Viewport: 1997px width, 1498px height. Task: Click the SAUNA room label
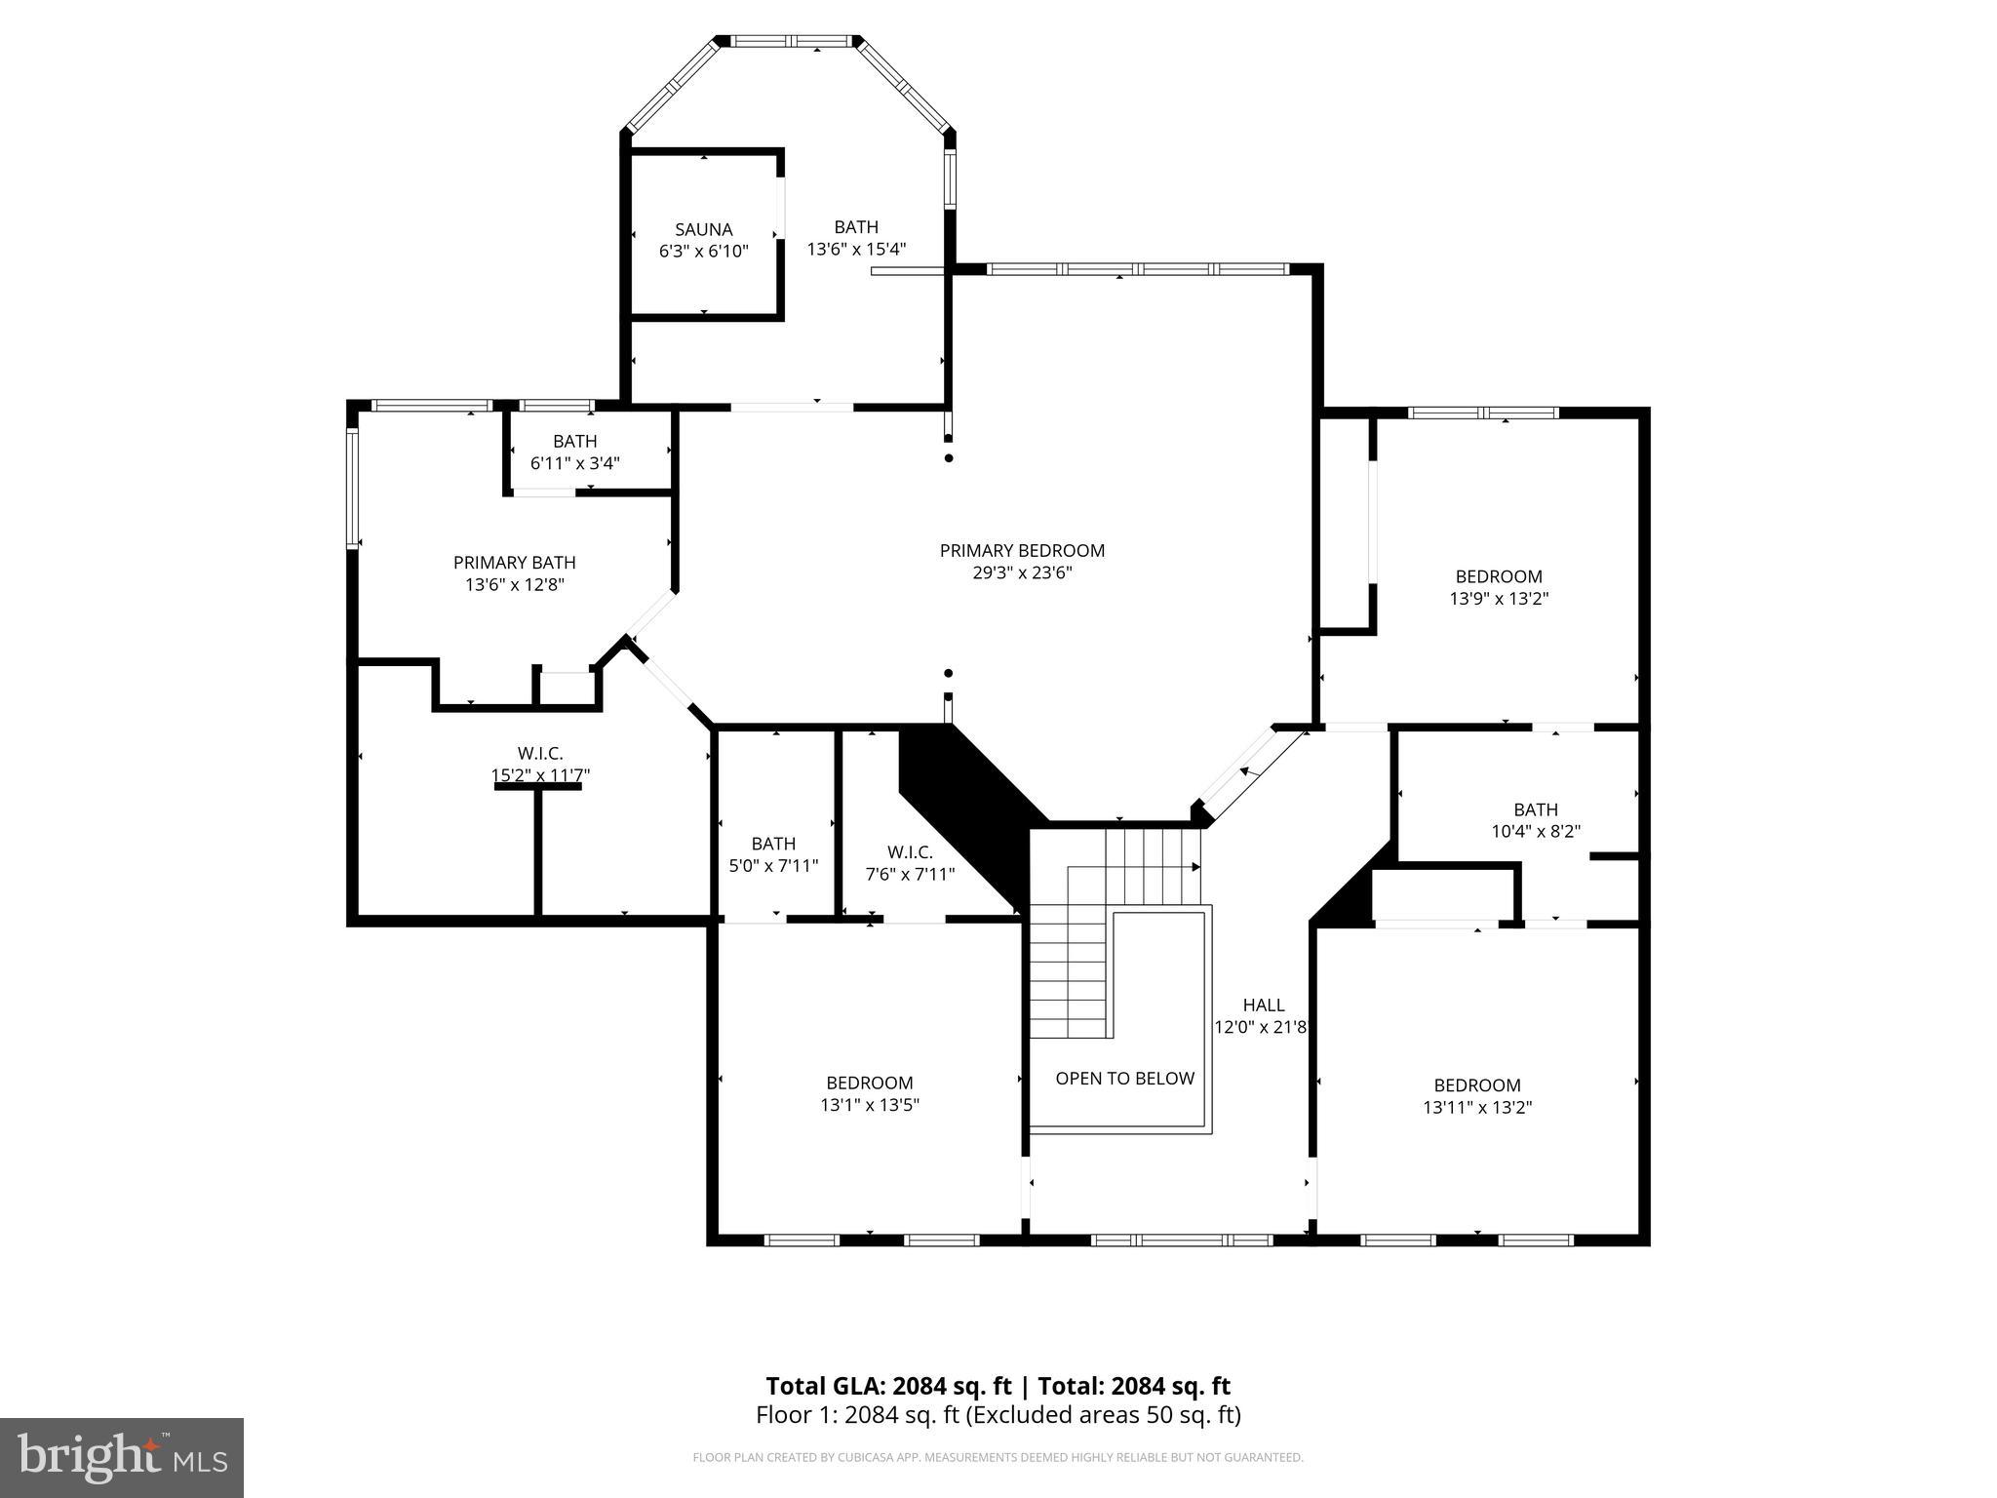[x=703, y=230]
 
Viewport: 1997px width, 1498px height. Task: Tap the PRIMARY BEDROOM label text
[x=1022, y=551]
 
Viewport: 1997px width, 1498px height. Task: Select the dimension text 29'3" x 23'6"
[x=1022, y=573]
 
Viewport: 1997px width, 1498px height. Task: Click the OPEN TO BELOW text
[x=1124, y=1079]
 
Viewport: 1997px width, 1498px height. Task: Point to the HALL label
[x=1263, y=1005]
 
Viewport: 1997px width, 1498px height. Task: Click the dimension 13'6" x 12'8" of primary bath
[x=515, y=585]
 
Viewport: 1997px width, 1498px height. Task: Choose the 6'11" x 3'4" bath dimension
[x=574, y=464]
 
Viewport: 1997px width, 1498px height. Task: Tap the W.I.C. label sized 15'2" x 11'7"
[x=539, y=754]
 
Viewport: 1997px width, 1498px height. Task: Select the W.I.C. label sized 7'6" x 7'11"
[x=909, y=852]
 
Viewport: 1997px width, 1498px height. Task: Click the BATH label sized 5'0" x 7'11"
[x=773, y=844]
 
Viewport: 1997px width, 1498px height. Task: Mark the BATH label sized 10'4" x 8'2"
[x=1535, y=809]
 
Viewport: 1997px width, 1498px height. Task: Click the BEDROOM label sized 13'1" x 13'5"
[x=869, y=1083]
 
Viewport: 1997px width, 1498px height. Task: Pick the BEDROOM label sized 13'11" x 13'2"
[x=1476, y=1085]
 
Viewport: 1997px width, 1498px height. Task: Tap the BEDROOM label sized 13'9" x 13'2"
[x=1498, y=576]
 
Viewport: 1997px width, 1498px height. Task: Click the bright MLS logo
[x=121, y=1457]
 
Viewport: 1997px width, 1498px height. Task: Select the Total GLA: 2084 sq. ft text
[x=890, y=1386]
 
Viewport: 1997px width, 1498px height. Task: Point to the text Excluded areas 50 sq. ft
[x=1103, y=1415]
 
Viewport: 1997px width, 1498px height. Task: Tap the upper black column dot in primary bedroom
[x=948, y=458]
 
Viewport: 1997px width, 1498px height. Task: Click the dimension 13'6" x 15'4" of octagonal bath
[x=856, y=250]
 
